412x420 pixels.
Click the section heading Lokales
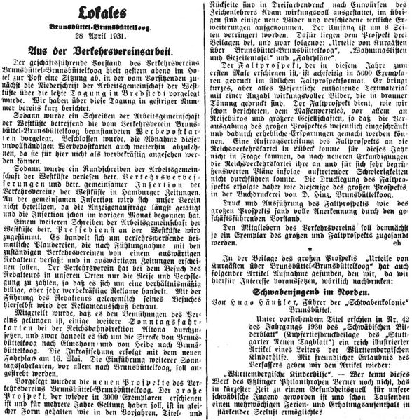(102, 13)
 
